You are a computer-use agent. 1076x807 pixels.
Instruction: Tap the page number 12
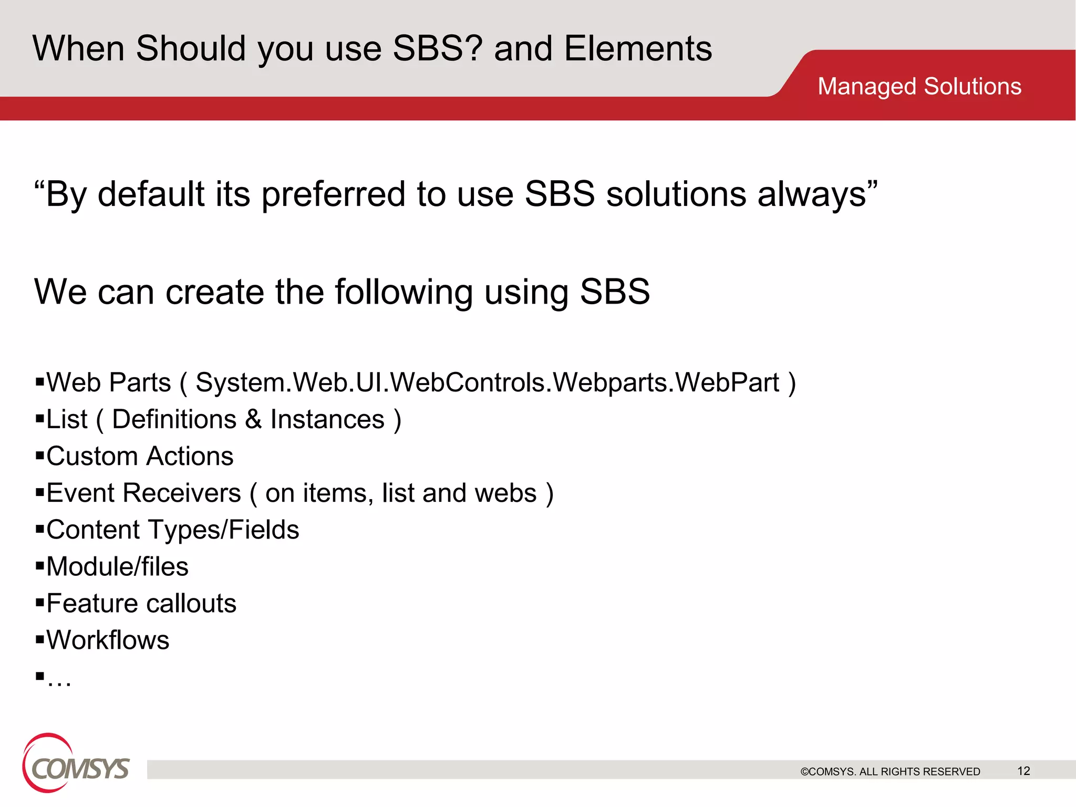pyautogui.click(x=1023, y=771)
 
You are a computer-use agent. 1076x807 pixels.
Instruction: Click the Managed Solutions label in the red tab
pyautogui.click(x=919, y=86)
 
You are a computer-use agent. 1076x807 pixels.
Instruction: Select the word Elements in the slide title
pyautogui.click(x=638, y=48)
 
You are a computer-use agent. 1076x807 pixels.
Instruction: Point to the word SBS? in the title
pyautogui.click(x=438, y=48)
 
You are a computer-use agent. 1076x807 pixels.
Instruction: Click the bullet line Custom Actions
pyautogui.click(x=140, y=456)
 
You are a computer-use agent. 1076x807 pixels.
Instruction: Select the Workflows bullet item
pyautogui.click(x=108, y=640)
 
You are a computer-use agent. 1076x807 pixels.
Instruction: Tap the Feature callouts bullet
pyautogui.click(x=141, y=603)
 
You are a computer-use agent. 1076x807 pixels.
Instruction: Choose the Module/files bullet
pyautogui.click(x=117, y=566)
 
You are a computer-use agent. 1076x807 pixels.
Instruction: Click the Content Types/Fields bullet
pyautogui.click(x=172, y=530)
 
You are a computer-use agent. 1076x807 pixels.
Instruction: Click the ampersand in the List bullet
pyautogui.click(x=253, y=419)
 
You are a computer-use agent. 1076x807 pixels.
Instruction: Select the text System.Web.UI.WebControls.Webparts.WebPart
pyautogui.click(x=488, y=382)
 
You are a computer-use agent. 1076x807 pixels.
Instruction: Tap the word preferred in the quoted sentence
pyautogui.click(x=334, y=194)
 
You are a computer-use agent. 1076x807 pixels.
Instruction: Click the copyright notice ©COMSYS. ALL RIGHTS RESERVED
pyautogui.click(x=890, y=771)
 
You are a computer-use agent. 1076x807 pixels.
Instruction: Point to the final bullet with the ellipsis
pyautogui.click(x=58, y=679)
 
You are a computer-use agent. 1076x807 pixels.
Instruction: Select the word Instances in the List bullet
pyautogui.click(x=327, y=419)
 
